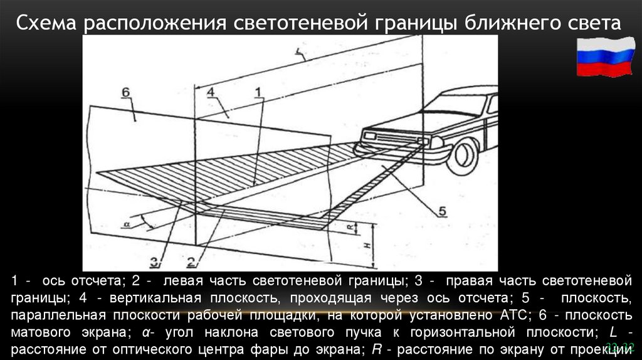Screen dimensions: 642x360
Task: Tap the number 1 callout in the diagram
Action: coord(257,92)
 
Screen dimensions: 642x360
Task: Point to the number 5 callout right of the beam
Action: coord(441,212)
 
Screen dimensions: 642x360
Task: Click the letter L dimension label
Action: coord(300,55)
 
